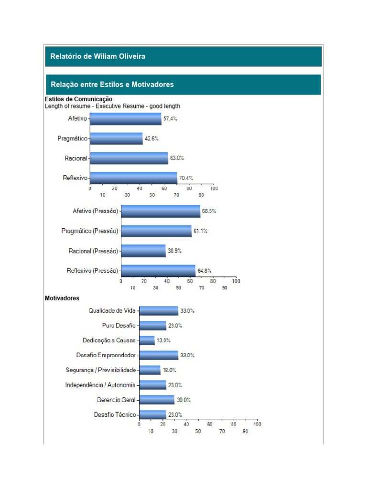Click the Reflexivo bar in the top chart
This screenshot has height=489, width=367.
134,178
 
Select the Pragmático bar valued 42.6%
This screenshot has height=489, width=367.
117,138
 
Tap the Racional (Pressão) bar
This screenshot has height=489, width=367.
143,251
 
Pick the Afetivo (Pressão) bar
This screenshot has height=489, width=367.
161,211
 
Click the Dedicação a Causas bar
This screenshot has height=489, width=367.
147,340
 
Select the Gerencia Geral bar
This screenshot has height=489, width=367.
157,400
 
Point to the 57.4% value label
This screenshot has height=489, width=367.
170,119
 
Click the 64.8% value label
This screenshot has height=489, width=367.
205,271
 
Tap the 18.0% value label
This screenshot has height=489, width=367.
170,370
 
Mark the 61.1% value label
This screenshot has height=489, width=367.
200,231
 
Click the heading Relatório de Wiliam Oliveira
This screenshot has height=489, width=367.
97,56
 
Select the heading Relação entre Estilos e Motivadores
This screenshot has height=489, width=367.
112,85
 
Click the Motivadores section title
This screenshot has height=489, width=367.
62,298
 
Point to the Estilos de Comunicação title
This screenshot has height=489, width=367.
79,99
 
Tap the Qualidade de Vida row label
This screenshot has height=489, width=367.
112,310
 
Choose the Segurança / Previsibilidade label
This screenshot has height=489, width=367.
101,370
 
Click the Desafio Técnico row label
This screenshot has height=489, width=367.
115,415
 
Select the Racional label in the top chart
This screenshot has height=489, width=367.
76,159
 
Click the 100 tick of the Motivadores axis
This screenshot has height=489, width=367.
257,424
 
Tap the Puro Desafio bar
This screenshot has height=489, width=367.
153,326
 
